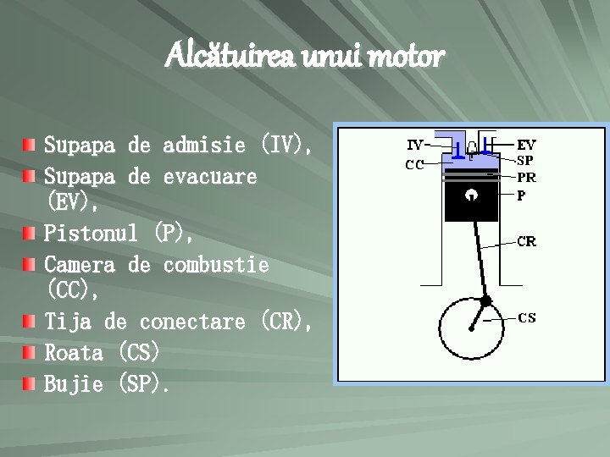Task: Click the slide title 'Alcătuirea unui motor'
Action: [x=305, y=58]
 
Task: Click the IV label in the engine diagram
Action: [x=416, y=145]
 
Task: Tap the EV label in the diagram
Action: [x=526, y=145]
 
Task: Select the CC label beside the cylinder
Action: [x=414, y=165]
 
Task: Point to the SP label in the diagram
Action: [x=525, y=160]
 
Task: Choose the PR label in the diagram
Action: [x=526, y=178]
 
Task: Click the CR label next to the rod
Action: [x=526, y=241]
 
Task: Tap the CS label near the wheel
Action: [x=526, y=318]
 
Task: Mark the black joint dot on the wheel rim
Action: [x=486, y=301]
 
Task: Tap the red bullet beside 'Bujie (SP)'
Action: [x=30, y=385]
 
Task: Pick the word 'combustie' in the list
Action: [x=216, y=264]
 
